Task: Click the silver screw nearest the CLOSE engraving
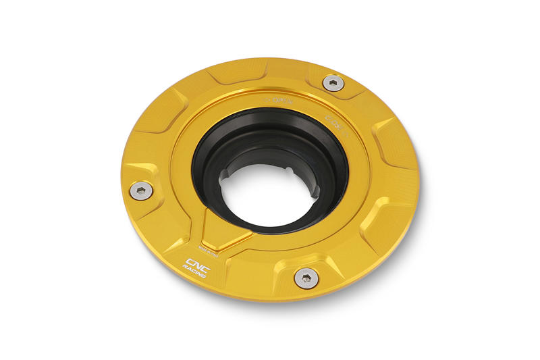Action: tap(332, 83)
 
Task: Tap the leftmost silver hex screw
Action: tap(141, 190)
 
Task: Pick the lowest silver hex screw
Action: tap(306, 277)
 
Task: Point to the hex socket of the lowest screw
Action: tap(306, 277)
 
